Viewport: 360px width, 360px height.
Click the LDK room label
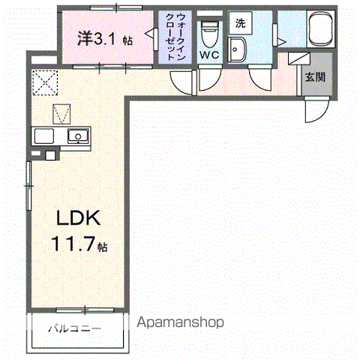(79, 218)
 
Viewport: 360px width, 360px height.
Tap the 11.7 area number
(73, 244)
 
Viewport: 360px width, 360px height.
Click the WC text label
(209, 55)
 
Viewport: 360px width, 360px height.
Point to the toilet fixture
(209, 34)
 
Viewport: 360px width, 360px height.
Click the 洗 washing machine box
(241, 23)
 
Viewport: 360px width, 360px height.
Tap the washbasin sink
(236, 49)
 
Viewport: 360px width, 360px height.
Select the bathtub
(321, 28)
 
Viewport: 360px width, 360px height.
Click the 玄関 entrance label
(316, 77)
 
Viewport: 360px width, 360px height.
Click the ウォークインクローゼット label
(175, 37)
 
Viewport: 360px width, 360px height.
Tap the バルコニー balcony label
(75, 328)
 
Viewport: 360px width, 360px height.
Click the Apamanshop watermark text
(180, 322)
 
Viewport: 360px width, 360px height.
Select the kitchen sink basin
(78, 136)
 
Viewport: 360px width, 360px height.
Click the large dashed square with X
(45, 82)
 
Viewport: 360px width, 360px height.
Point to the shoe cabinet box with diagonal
(299, 58)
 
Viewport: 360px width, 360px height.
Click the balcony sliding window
(85, 310)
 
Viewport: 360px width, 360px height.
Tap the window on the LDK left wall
(28, 186)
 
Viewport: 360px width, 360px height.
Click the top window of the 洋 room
(116, 7)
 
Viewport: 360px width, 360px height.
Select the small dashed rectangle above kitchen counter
(61, 114)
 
